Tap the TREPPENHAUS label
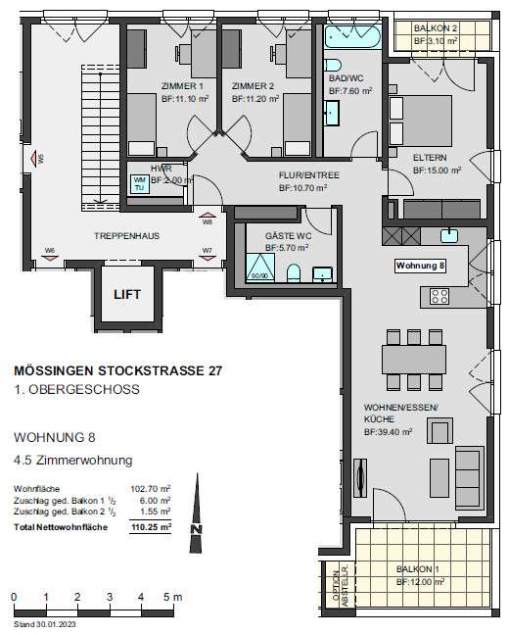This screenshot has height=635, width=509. (126, 236)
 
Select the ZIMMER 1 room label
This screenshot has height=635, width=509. (180, 85)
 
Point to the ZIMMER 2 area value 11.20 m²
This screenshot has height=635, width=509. (255, 99)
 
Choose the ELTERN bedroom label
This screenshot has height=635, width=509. (430, 156)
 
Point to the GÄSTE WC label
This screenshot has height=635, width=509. (287, 236)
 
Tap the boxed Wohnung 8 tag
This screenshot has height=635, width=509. (420, 266)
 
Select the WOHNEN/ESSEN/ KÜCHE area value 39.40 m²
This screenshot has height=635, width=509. (389, 430)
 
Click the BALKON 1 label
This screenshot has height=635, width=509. (420, 569)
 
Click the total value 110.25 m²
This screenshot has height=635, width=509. (153, 526)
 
